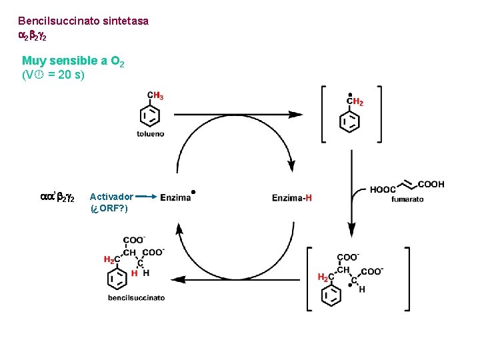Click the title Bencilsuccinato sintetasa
[x=83, y=21]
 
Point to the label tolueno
[x=150, y=134]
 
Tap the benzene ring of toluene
[x=150, y=116]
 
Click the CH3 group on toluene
[x=155, y=96]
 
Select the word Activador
[x=111, y=197]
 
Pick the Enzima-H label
[x=291, y=197]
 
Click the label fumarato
[x=407, y=199]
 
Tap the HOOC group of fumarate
[x=383, y=189]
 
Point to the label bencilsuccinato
[x=136, y=297]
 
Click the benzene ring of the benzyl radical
[x=350, y=122]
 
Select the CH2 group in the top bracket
[x=355, y=102]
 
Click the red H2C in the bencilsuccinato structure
[x=112, y=260]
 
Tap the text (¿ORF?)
[x=109, y=208]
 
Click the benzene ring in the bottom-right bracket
[x=331, y=295]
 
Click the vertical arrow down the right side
[x=351, y=193]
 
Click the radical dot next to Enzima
[x=193, y=192]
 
